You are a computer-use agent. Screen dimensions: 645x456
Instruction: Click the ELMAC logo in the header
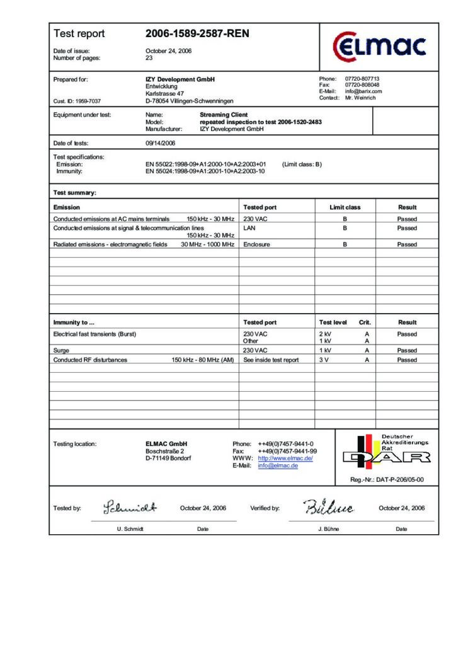coord(379,46)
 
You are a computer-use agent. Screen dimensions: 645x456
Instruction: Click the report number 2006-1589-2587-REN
coord(197,33)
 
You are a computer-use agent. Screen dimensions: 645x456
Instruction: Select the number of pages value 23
coord(149,58)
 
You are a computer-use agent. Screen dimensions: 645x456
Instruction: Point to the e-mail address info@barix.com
coord(363,91)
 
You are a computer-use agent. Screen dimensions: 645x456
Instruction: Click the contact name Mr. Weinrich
coord(360,98)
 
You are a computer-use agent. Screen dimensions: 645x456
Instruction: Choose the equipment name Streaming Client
coord(224,115)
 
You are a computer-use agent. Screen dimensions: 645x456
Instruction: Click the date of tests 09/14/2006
coord(161,143)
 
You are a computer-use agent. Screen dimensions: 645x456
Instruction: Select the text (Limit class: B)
coord(302,164)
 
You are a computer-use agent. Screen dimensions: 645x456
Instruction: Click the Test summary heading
coord(75,193)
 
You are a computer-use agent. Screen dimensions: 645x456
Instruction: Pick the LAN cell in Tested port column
coord(249,228)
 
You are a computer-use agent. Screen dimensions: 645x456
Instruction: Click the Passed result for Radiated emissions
coord(407,244)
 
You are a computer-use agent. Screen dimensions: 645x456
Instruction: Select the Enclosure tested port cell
coord(256,244)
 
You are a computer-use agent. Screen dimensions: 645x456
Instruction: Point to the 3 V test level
coord(325,360)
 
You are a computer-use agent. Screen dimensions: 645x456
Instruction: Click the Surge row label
coord(63,350)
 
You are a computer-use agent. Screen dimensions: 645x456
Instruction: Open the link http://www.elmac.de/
coord(285,459)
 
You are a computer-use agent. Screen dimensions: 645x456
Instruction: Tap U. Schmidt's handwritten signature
coord(130,507)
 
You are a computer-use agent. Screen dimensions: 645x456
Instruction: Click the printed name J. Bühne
coord(328,529)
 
